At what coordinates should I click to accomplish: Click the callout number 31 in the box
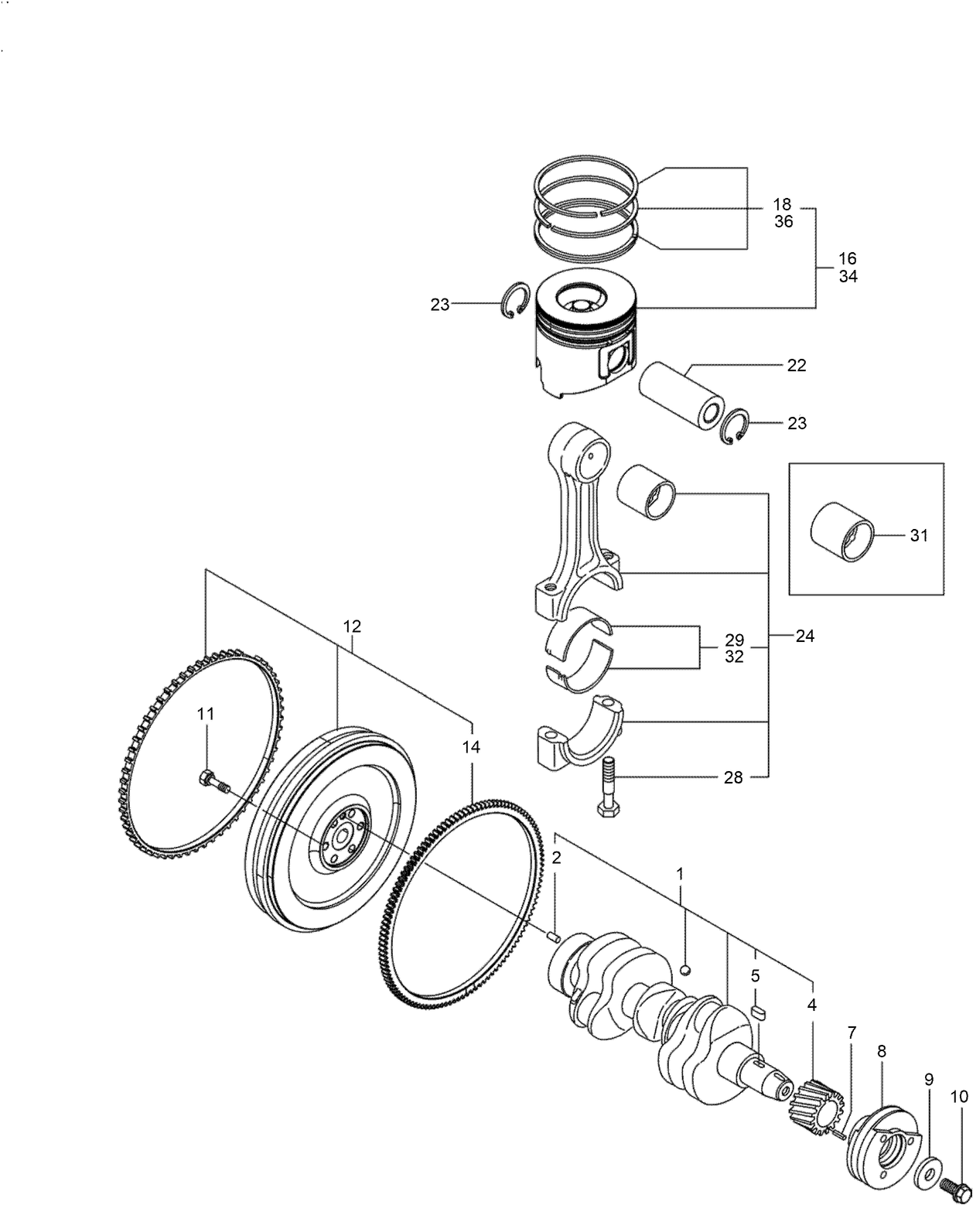pos(918,535)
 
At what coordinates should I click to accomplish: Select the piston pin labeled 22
pos(681,396)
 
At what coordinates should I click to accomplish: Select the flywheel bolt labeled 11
pos(214,782)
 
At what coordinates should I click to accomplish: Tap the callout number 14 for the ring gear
pos(471,747)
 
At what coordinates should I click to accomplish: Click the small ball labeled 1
pos(685,970)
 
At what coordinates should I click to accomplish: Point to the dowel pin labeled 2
pos(553,937)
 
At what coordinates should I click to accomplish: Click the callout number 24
pos(805,637)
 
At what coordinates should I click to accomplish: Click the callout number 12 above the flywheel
pos(352,626)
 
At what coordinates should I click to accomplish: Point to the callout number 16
pos(848,258)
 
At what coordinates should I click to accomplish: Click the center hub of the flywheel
pos(341,838)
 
